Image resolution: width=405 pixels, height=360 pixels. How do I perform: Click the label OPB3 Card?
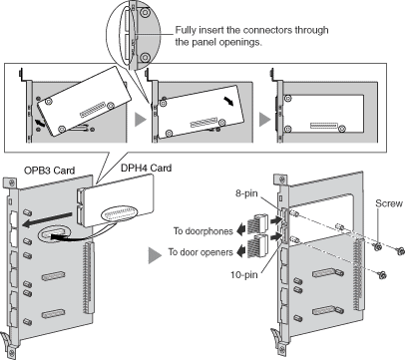(x=49, y=171)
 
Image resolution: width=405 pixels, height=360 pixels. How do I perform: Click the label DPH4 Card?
(x=146, y=168)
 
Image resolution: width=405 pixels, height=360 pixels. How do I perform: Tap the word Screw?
(x=389, y=203)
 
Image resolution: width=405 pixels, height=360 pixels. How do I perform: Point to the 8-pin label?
(x=246, y=193)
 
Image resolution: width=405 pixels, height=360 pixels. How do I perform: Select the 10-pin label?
(x=244, y=275)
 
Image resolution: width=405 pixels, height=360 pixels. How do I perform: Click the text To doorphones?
(x=203, y=230)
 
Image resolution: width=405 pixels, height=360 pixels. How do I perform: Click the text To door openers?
(x=201, y=252)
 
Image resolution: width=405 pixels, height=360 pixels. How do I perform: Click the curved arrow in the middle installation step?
(x=228, y=101)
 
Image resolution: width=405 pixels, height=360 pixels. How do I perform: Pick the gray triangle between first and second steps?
(x=141, y=119)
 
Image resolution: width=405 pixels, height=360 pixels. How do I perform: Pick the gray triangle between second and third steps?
(x=264, y=119)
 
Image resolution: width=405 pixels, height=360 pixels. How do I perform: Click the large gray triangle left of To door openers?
(x=155, y=255)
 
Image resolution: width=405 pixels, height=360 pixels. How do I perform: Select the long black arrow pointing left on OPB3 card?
(x=47, y=220)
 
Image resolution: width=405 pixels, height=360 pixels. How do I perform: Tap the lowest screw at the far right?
(x=382, y=274)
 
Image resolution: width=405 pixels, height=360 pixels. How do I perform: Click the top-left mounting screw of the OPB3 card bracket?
(x=12, y=182)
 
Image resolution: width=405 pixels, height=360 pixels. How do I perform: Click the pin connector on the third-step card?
(x=324, y=126)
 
